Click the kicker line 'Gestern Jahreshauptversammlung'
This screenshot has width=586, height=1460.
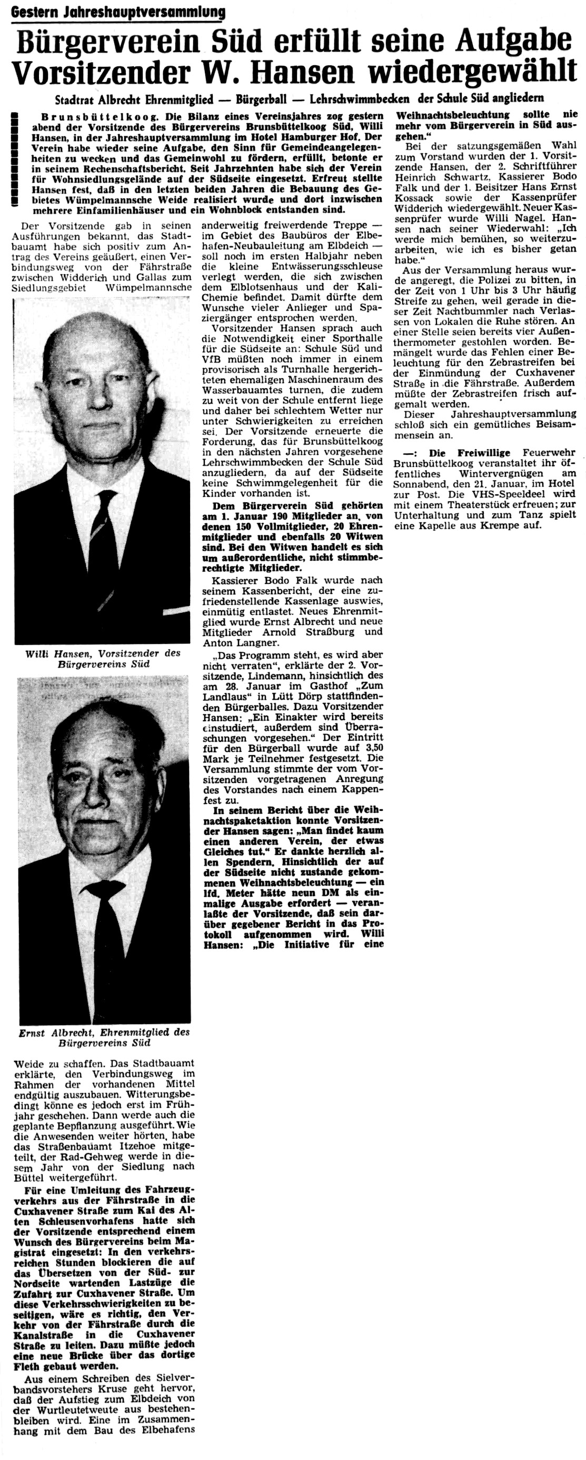118,12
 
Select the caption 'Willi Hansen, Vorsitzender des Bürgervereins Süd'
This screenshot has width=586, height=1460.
103,658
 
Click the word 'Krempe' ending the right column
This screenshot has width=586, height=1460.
511,525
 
